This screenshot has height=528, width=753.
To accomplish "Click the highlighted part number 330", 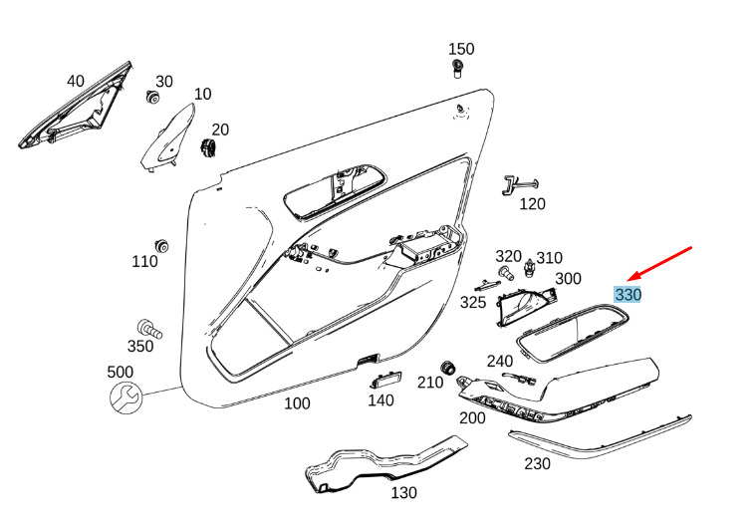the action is (627, 294).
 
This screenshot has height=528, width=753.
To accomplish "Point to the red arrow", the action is (659, 264).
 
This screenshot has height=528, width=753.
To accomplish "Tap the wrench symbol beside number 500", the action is (125, 397).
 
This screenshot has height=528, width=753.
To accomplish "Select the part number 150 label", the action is (461, 49).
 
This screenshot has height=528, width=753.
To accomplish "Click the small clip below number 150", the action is (457, 69).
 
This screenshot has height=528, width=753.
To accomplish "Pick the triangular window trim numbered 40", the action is (76, 107).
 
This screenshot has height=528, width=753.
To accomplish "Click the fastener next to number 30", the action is (152, 97).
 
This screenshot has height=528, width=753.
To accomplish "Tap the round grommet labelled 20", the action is (208, 146).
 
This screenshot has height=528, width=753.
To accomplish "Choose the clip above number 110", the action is (161, 245).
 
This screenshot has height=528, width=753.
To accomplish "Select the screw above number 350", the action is (149, 329).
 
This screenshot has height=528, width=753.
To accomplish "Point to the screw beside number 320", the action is (506, 273).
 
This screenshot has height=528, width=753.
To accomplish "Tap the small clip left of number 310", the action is (529, 268).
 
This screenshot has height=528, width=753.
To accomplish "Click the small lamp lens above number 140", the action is (385, 380).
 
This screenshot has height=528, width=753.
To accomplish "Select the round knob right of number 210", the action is (448, 367).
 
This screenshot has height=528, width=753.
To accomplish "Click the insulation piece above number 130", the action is (384, 464).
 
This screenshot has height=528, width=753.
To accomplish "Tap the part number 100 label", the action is (297, 403).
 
